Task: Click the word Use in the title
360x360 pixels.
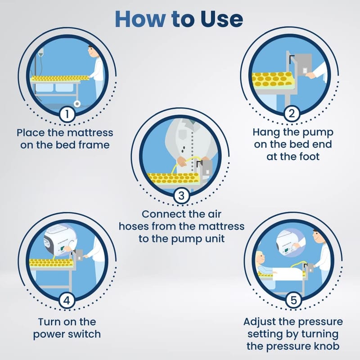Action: pos(221,19)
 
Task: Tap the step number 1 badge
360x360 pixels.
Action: pos(67,114)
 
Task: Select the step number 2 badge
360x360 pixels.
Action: pos(292,113)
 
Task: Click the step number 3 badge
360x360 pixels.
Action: pos(181,196)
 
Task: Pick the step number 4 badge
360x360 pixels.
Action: pos(67,300)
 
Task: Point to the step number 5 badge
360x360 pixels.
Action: pos(294,300)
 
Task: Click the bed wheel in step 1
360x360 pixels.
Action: pos(77,104)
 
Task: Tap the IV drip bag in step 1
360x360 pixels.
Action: pos(41,52)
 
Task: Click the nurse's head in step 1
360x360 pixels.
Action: pos(93,51)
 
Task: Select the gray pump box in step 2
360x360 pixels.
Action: pos(303,64)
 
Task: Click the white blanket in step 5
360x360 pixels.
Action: pos(288,274)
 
